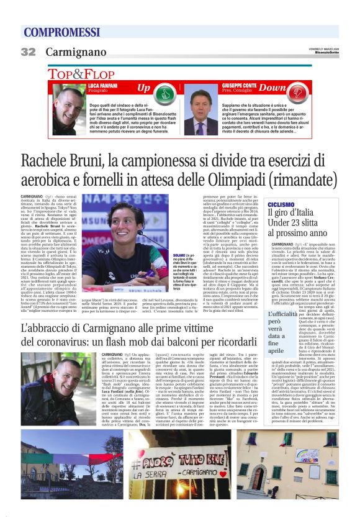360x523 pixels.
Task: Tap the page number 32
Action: (x=28, y=52)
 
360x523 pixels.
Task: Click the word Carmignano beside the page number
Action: (x=76, y=52)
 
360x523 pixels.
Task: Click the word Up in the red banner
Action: (x=144, y=87)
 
